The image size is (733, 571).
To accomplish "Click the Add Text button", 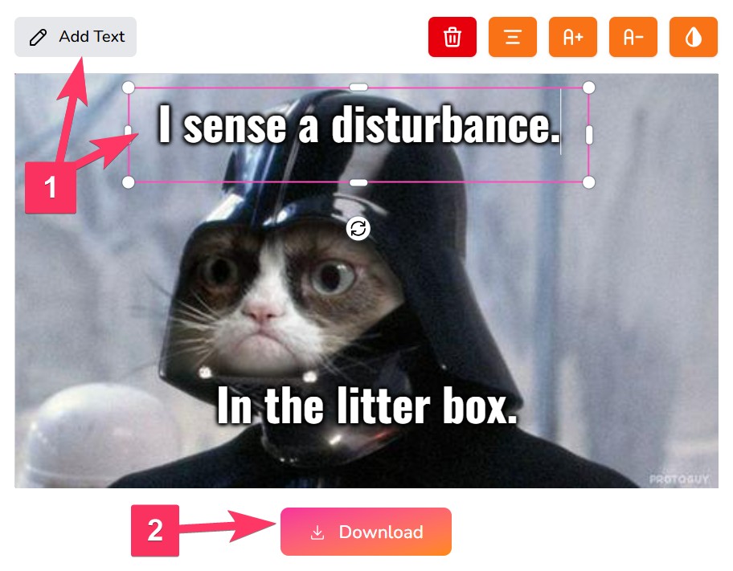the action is [x=76, y=37].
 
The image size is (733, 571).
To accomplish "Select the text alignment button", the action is [x=512, y=37].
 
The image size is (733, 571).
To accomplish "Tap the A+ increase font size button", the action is [x=572, y=37].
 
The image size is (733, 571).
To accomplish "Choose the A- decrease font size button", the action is [x=633, y=37].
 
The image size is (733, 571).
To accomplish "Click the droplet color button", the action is [x=694, y=37].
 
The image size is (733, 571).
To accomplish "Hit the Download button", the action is [x=366, y=532].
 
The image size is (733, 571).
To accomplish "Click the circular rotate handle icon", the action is [x=358, y=229].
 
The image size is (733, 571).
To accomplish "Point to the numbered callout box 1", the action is [x=51, y=187].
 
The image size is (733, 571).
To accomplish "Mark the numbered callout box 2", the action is [x=155, y=530].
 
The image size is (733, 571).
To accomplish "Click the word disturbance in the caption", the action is [x=445, y=124].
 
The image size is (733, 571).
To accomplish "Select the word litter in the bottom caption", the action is [x=383, y=406].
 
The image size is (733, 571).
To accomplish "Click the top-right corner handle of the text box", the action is [x=589, y=88].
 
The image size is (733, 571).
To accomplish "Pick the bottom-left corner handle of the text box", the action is [x=128, y=182].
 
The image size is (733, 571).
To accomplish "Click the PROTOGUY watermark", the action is [x=679, y=479].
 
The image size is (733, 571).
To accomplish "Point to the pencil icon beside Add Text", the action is [x=38, y=38].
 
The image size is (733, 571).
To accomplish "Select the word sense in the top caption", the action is [x=234, y=126].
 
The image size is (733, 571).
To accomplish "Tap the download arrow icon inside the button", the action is [x=317, y=532].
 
